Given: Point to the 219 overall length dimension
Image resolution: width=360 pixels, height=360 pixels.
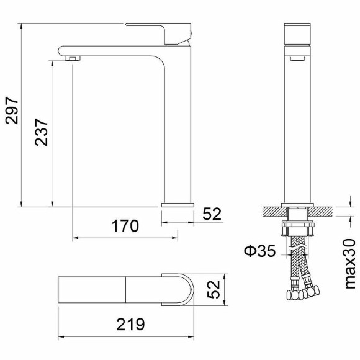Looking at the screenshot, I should pyautogui.click(x=130, y=324).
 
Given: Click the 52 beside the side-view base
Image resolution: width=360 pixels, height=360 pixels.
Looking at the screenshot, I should pyautogui.click(x=212, y=214).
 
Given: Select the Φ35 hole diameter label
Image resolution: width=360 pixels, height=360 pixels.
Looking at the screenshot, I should pyautogui.click(x=258, y=251).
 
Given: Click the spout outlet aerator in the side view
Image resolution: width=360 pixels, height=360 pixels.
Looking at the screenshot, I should pyautogui.click(x=73, y=58).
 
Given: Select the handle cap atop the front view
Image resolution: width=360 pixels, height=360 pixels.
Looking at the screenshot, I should pyautogui.click(x=298, y=35).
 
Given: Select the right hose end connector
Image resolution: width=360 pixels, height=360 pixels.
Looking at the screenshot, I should pyautogui.click(x=315, y=290).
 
